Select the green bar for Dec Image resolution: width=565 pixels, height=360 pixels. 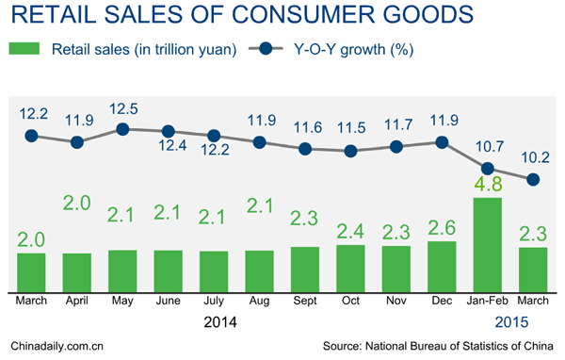coord(442,266)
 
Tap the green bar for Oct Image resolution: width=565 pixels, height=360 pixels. coord(350,268)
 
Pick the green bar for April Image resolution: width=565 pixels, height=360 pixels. coord(77,271)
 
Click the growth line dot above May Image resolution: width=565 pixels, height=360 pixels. coord(122,129)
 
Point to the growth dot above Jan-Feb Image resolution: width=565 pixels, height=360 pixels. coord(488,169)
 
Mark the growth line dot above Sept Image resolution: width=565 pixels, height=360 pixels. coord(305,148)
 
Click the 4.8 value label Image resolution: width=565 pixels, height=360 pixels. coord(488,181)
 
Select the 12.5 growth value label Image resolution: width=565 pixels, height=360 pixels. coord(122,109)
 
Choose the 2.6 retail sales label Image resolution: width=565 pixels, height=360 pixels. coord(442,227)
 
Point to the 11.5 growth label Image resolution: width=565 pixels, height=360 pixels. coord(350,127)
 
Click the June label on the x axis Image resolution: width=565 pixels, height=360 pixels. coord(168,301)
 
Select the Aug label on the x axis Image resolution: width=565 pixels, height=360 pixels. coord(259,301)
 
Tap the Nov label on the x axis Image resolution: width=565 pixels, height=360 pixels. coord(395,301)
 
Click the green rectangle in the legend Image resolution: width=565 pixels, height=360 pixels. coord(25,49)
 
